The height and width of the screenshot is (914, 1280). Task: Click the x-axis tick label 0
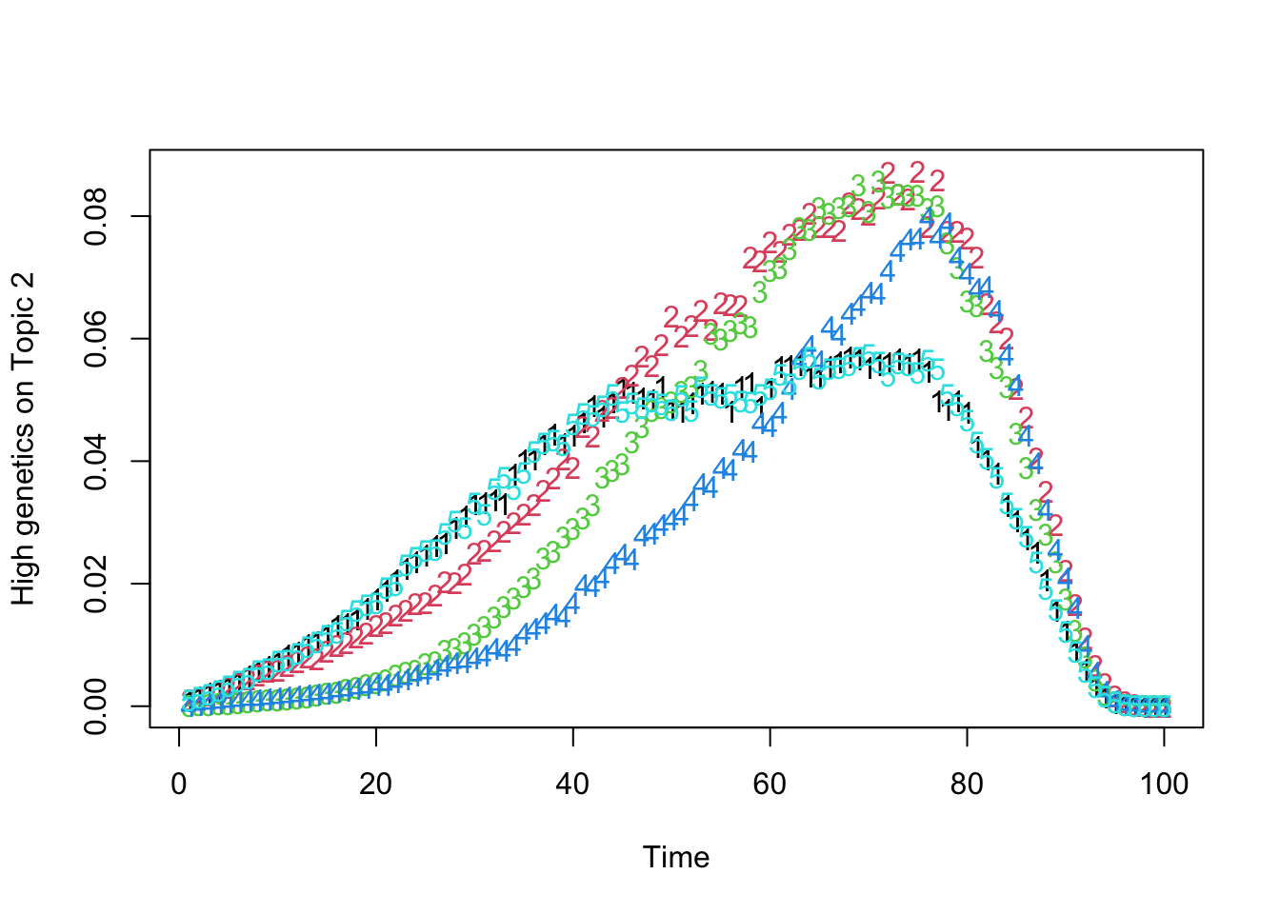pos(179,785)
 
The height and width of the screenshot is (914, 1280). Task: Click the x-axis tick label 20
pos(376,785)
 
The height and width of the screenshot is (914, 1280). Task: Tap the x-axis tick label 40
pos(573,785)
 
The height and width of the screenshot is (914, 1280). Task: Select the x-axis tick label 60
pos(770,785)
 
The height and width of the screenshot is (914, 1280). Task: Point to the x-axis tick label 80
pos(967,785)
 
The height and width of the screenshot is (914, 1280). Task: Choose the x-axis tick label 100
pos(1164,785)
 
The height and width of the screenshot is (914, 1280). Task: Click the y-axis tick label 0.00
pos(96,706)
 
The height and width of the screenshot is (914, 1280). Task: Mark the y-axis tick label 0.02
pos(96,584)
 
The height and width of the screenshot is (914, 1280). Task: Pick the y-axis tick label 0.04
pos(96,462)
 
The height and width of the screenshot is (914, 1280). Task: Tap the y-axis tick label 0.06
pos(96,339)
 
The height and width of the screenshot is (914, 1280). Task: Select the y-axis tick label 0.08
pos(96,217)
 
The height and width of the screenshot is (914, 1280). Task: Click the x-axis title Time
pos(676,858)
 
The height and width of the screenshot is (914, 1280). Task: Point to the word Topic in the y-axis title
pos(24,334)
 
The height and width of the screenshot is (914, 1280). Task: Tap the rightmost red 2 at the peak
pos(937,180)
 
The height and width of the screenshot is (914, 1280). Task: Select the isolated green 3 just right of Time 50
pos(700,370)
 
